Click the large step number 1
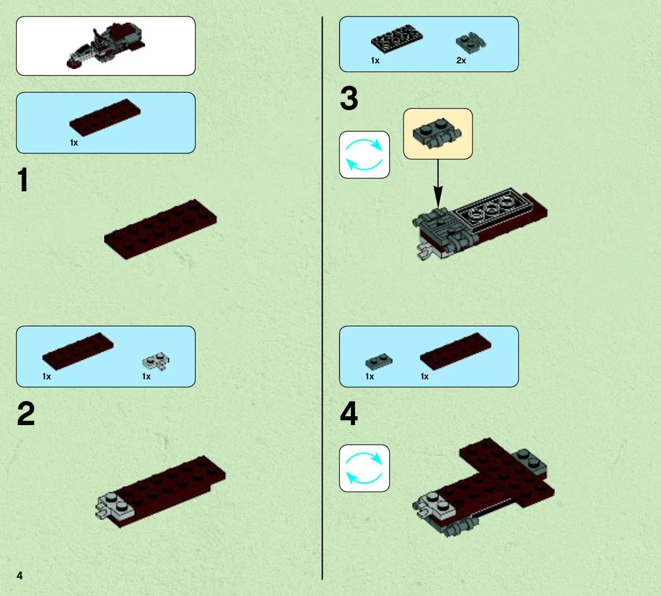click(x=23, y=180)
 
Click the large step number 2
click(x=26, y=414)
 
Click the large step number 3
click(x=349, y=98)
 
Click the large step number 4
click(x=349, y=414)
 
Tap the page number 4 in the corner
click(x=19, y=576)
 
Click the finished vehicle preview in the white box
click(x=106, y=45)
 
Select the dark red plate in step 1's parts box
click(x=105, y=117)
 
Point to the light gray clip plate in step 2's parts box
click(x=155, y=361)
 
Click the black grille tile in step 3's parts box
click(x=397, y=39)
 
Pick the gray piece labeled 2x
click(x=470, y=42)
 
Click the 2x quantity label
click(x=461, y=61)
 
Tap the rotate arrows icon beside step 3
click(x=364, y=155)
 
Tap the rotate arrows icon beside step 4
click(x=364, y=468)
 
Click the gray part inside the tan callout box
click(x=437, y=133)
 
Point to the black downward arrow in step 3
click(x=438, y=184)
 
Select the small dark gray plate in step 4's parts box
click(x=379, y=361)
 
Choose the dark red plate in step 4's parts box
click(x=456, y=351)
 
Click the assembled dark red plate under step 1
click(x=160, y=229)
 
